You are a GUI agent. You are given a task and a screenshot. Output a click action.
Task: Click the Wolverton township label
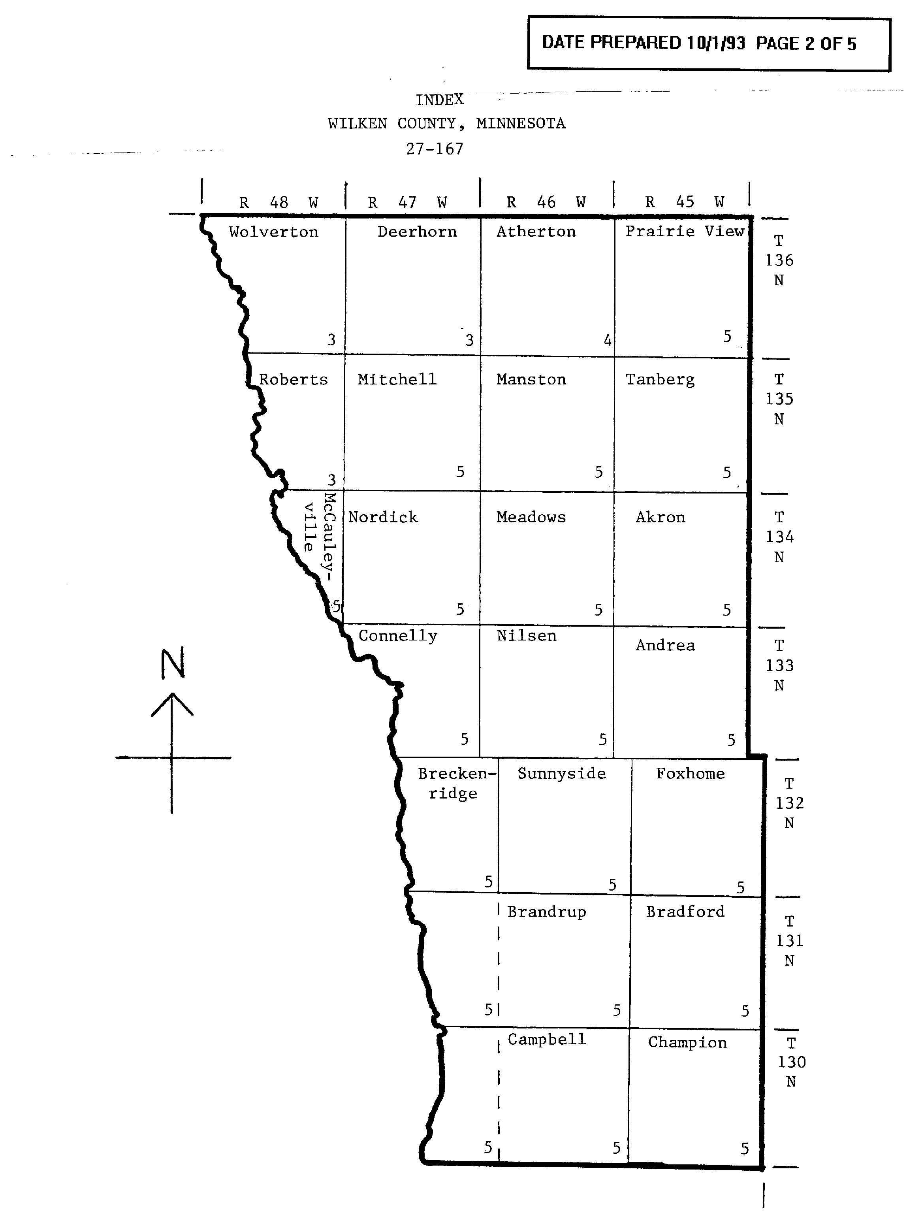tap(273, 232)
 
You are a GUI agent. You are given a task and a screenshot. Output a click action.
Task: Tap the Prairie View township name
tap(685, 231)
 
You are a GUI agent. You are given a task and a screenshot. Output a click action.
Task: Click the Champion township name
tap(687, 1042)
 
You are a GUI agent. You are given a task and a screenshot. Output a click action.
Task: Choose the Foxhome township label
tap(690, 774)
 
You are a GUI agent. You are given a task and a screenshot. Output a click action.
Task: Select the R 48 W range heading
tap(278, 203)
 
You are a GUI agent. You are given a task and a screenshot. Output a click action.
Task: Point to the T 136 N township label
tap(779, 260)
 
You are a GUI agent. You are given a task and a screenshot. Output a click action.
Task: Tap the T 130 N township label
tap(791, 1062)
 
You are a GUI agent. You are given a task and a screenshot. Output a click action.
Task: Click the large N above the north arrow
tap(172, 663)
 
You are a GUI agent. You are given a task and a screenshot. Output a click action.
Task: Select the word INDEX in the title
tap(439, 100)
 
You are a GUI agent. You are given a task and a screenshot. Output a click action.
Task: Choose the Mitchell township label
tap(397, 379)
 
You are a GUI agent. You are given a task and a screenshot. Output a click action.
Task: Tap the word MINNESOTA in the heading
tap(521, 124)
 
